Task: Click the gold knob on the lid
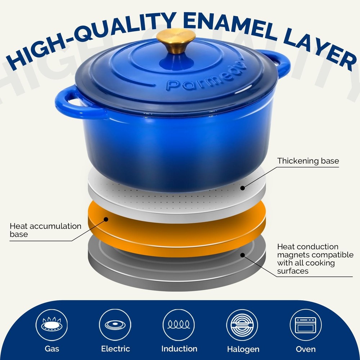pyautogui.click(x=176, y=41)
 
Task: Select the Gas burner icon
pyautogui.click(x=51, y=325)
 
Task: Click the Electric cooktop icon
pyautogui.click(x=115, y=325)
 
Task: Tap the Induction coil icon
pyautogui.click(x=179, y=325)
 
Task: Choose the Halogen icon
pyautogui.click(x=242, y=325)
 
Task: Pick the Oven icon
pyautogui.click(x=306, y=325)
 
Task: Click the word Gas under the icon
pyautogui.click(x=52, y=349)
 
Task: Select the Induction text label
pyautogui.click(x=179, y=349)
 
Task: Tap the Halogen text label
pyautogui.click(x=243, y=349)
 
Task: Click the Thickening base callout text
pyautogui.click(x=308, y=161)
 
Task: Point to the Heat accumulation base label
pyautogui.click(x=45, y=230)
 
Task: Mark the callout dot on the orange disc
pyautogui.click(x=106, y=219)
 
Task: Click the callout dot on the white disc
pyautogui.click(x=243, y=188)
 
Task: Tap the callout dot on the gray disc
pyautogui.click(x=243, y=255)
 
